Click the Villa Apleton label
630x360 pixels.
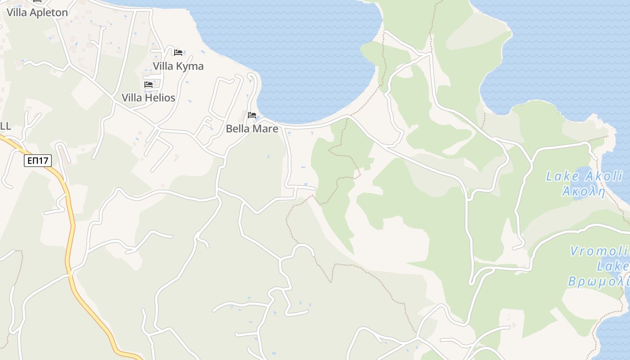[37, 13]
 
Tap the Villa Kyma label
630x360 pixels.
[178, 66]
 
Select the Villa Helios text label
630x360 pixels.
[148, 98]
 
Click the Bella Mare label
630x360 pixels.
[252, 129]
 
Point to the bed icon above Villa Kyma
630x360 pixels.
[178, 52]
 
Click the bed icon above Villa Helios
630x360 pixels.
[148, 85]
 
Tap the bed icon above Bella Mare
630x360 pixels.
[252, 115]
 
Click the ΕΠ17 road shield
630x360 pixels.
[38, 161]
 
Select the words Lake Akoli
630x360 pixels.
[584, 176]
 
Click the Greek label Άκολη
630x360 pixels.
[584, 191]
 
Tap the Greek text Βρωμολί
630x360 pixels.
[598, 282]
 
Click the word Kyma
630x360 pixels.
[190, 66]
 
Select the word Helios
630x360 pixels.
[160, 98]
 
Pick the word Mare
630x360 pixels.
[265, 129]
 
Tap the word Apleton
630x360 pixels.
[49, 13]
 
